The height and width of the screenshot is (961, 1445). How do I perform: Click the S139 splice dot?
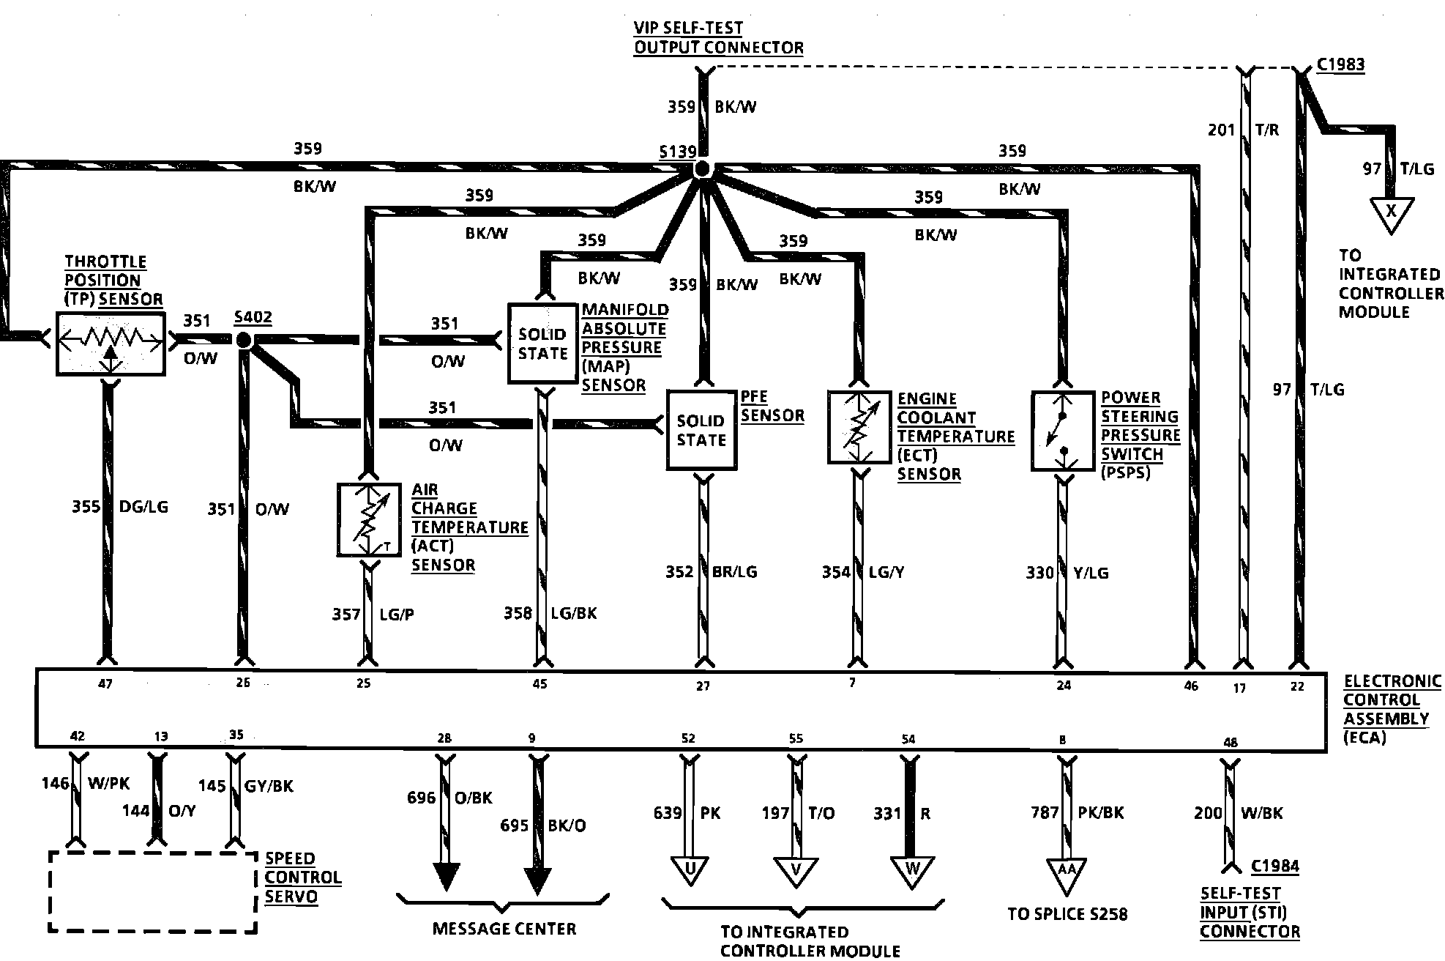702,170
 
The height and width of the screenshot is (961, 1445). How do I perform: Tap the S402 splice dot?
243,340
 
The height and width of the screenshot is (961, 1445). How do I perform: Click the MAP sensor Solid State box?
542,344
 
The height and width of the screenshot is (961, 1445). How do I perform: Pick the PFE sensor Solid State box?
701,430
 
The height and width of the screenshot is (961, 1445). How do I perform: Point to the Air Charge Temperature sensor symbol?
369,520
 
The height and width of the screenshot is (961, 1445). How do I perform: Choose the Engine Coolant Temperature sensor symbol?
859,427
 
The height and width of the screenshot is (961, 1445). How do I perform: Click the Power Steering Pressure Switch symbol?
1063,431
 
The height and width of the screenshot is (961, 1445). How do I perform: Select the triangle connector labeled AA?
1067,873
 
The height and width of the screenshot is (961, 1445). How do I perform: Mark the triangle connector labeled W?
912,872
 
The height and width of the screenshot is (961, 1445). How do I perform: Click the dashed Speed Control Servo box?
153,853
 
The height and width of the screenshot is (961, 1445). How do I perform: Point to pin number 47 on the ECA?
105,684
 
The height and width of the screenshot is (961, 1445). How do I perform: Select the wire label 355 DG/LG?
120,506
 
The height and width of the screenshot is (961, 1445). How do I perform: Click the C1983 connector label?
1340,64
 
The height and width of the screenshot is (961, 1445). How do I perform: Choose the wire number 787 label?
1044,812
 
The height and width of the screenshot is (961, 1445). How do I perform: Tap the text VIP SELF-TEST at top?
688,28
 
